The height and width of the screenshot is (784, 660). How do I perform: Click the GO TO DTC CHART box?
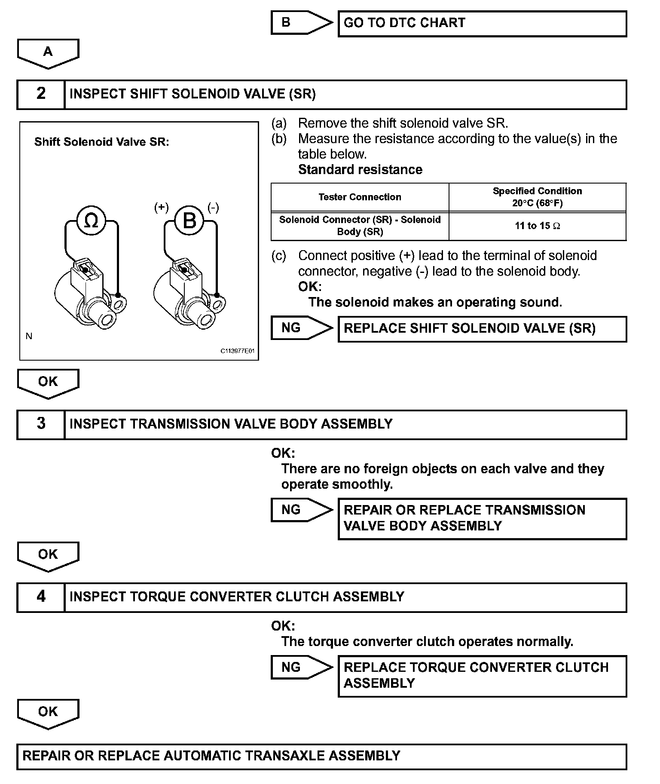(482, 24)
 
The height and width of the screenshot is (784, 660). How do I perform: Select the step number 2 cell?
(41, 94)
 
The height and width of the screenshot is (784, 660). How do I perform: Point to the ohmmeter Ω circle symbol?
(91, 221)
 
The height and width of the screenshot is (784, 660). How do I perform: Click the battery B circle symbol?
(189, 221)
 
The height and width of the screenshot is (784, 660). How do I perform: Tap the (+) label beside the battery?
(161, 208)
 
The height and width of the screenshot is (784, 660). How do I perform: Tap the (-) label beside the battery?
(213, 208)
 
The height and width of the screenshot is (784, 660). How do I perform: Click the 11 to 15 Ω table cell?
(537, 226)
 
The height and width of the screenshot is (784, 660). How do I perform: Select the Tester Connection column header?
(360, 197)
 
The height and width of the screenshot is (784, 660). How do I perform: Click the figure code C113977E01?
(238, 351)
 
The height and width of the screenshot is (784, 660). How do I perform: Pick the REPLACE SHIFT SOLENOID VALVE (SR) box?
(482, 329)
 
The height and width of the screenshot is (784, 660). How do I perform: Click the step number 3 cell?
(41, 424)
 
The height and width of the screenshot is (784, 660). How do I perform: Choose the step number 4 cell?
(41, 597)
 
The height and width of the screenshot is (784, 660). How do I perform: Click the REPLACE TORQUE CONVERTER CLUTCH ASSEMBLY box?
(482, 676)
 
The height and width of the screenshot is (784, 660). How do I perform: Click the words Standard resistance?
(360, 170)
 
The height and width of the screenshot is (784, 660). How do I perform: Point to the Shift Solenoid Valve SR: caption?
(102, 142)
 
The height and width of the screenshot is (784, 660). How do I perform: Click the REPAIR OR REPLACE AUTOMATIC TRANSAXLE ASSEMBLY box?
(321, 756)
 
